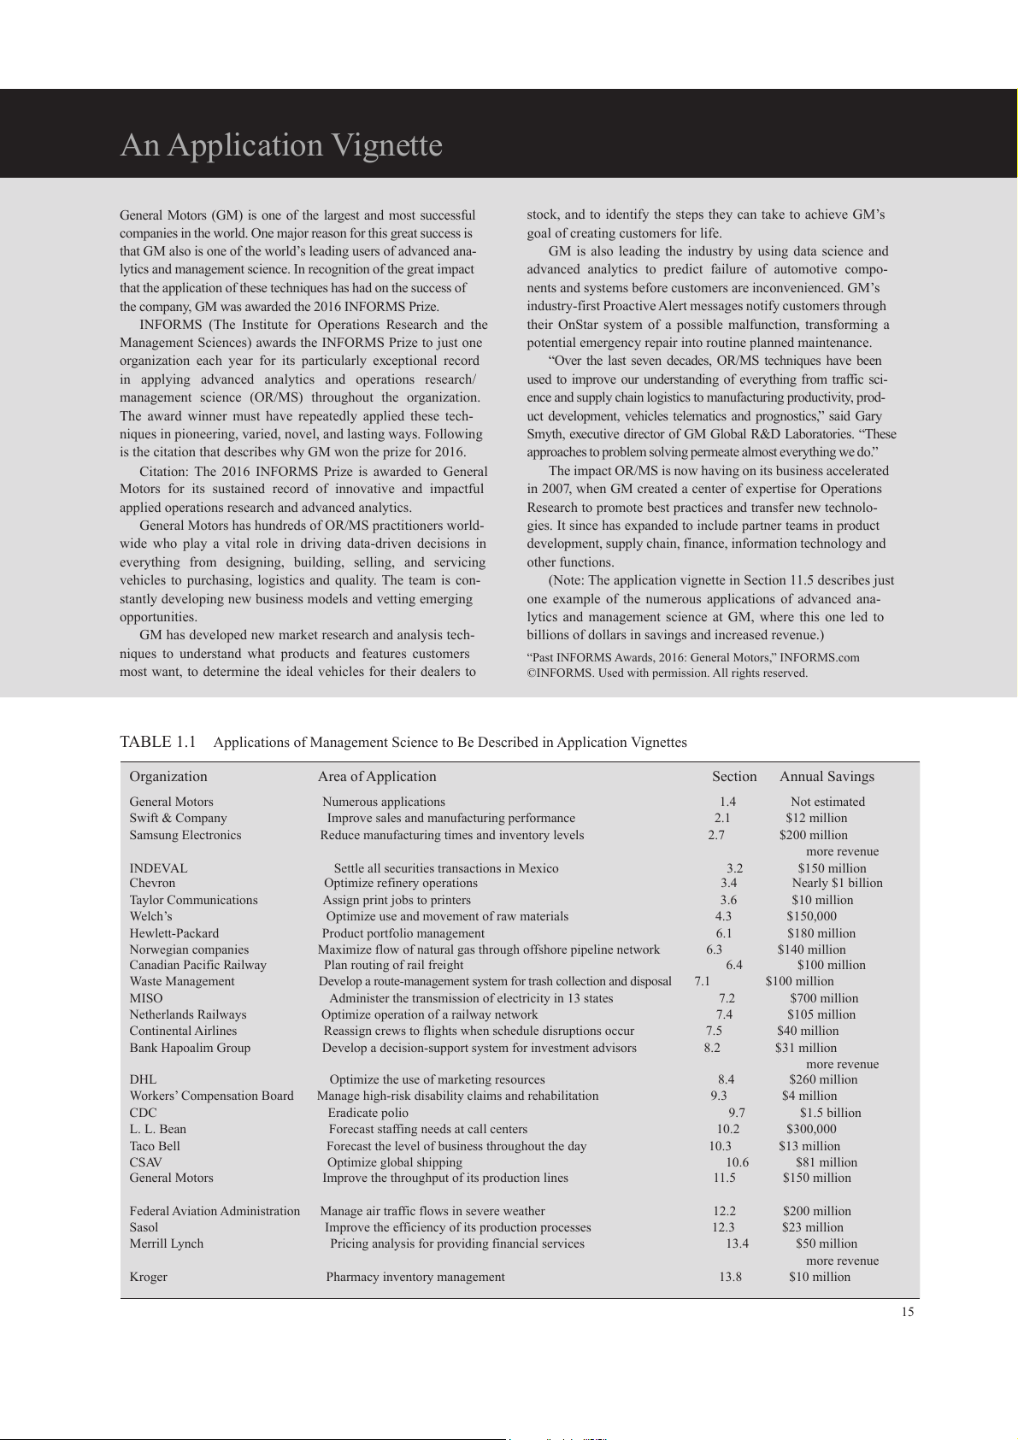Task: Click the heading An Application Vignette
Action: [281, 145]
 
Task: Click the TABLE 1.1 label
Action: [158, 742]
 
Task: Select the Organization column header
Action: [168, 776]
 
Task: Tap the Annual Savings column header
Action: [827, 776]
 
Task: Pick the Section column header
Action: [734, 776]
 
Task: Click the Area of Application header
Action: [377, 776]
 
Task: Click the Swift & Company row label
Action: [178, 818]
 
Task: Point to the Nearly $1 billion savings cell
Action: [837, 883]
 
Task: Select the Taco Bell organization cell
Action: [155, 1146]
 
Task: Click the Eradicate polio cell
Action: [368, 1113]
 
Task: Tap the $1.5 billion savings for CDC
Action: [830, 1113]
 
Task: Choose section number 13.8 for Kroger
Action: [730, 1277]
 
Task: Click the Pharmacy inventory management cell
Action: [415, 1277]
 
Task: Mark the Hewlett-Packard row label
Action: [174, 933]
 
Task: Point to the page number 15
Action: [907, 1312]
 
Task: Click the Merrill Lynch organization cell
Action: [167, 1243]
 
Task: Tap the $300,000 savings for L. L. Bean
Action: [811, 1129]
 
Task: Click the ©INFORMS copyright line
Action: [667, 673]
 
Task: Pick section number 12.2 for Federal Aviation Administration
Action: [724, 1211]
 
